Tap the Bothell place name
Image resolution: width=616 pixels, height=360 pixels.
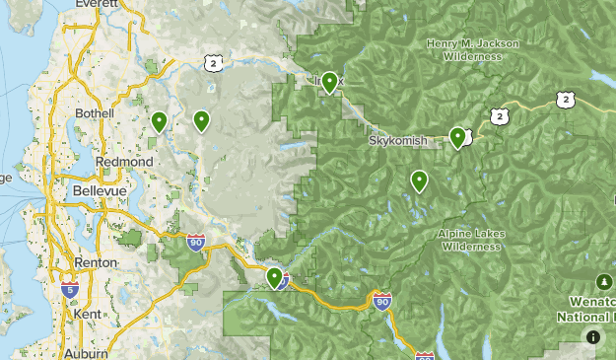coord(95,113)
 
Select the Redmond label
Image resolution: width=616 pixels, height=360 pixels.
coord(124,161)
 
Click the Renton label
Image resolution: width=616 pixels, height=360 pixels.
coord(97,263)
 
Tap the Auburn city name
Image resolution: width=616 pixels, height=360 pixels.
coord(87,352)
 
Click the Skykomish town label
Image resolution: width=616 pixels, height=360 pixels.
coord(398,141)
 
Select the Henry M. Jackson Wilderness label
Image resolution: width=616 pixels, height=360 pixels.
coord(465,49)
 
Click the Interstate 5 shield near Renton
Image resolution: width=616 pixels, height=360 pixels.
coord(69,290)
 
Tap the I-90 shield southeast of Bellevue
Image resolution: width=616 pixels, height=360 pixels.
coord(197,243)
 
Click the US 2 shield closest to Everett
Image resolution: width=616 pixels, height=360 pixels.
coord(214,63)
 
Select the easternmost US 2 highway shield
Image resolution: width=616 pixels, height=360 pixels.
coord(564,99)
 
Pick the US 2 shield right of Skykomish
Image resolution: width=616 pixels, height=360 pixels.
coord(500,117)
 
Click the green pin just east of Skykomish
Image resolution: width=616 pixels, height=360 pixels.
coord(457,137)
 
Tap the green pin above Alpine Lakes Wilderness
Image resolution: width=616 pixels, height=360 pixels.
coord(419,180)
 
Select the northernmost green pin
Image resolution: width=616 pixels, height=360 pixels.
coord(329,82)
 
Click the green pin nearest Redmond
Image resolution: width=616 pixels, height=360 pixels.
coord(159,121)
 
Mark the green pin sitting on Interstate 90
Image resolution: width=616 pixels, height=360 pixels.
coord(275,277)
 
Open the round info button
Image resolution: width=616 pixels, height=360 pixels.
coord(592,337)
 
